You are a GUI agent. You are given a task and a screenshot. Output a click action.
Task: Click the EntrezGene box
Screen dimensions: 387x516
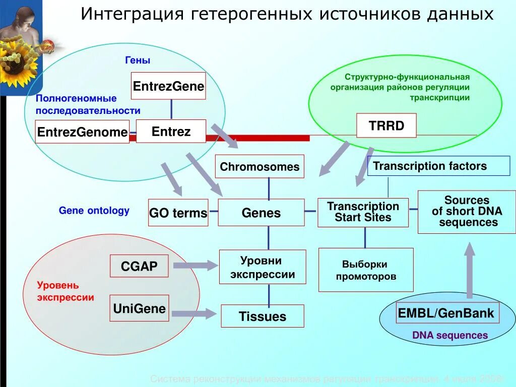tap(168, 86)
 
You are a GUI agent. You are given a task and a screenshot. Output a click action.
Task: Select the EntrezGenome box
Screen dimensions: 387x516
tap(82, 132)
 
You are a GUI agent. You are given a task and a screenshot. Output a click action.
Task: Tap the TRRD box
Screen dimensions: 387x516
tap(386, 125)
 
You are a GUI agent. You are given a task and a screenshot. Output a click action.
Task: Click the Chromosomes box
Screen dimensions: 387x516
tap(260, 166)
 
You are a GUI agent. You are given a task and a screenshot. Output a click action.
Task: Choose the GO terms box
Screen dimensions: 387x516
tap(178, 213)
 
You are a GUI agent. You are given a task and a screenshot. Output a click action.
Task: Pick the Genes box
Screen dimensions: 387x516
tap(261, 213)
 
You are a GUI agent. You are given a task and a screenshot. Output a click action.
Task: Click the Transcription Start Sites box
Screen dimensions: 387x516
tap(363, 212)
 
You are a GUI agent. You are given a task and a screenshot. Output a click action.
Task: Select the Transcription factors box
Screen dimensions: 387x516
tap(438, 166)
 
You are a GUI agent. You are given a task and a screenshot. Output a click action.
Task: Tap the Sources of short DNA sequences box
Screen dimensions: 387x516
tap(467, 212)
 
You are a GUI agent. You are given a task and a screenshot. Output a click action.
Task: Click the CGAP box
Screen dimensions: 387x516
tap(139, 266)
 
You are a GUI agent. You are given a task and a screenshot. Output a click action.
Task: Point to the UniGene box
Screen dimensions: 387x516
tap(139, 308)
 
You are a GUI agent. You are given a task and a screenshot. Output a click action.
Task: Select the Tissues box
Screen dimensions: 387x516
tap(262, 316)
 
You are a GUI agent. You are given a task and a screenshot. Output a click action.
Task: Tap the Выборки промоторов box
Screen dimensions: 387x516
tap(365, 270)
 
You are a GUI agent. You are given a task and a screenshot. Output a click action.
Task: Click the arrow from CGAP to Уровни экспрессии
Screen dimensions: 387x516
tap(195, 266)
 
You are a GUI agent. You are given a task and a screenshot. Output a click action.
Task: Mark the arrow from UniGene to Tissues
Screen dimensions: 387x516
tap(194, 313)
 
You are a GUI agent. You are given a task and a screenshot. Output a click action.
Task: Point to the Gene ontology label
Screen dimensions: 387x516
tap(94, 211)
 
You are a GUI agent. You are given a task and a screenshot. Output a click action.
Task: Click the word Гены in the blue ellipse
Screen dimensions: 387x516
tap(138, 60)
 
